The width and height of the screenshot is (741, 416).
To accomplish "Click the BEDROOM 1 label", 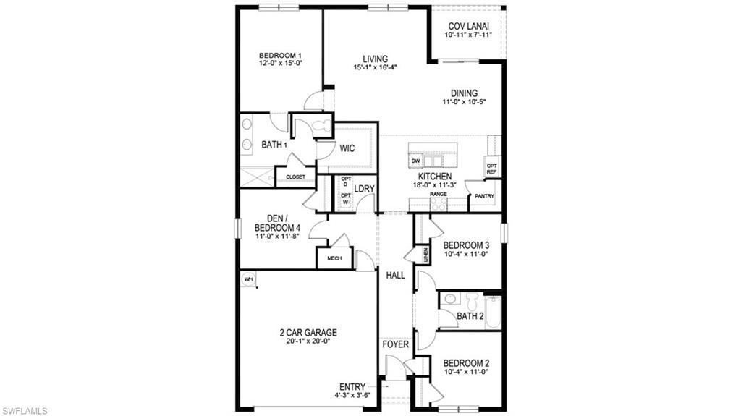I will (280, 56).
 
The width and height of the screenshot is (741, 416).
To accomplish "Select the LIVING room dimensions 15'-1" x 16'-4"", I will (376, 68).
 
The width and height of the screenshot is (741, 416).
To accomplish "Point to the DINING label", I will (464, 93).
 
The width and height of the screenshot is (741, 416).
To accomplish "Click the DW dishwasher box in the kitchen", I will (415, 161).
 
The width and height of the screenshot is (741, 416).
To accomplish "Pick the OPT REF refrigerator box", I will (492, 168).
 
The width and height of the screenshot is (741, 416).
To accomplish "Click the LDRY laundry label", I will (364, 190).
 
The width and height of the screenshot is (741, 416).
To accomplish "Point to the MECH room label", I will (334, 258).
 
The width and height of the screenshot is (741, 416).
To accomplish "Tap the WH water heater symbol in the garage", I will (248, 279).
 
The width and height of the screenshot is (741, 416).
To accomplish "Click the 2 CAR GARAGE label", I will (308, 333).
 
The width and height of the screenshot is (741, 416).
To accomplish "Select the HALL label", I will (395, 276).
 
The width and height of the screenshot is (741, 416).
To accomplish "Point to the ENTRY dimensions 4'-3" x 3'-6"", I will (352, 395).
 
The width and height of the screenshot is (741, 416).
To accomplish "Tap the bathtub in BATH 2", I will (492, 311).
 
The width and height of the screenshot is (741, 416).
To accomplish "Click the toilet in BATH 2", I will (473, 300).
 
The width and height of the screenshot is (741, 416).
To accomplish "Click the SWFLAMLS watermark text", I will (25, 410).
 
